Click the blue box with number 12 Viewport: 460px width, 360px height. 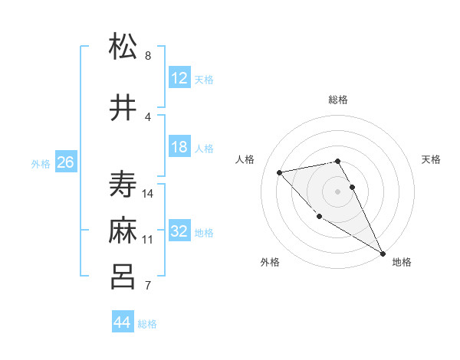[179, 78]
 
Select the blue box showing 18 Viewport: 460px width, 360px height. [179, 147]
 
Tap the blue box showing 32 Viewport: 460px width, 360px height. [179, 231]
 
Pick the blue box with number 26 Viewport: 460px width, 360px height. [65, 162]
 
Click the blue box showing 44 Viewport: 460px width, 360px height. [122, 322]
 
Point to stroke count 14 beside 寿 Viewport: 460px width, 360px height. [149, 193]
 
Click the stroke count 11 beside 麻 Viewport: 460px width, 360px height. [148, 239]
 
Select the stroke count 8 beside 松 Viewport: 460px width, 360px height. [148, 56]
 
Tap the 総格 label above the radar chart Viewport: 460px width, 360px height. [338, 100]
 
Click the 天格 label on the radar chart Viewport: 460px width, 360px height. [432, 159]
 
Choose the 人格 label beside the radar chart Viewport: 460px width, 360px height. [245, 159]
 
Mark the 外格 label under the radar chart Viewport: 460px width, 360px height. [270, 262]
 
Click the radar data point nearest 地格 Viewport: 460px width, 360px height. [383, 254]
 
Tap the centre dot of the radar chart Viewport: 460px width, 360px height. [338, 191]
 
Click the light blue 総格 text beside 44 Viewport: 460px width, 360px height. [147, 324]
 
